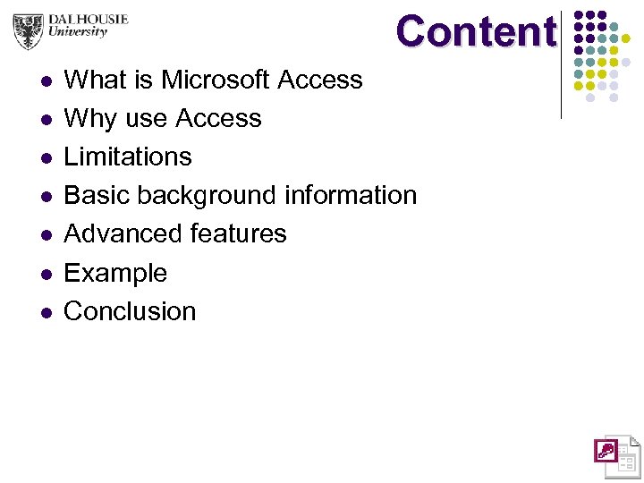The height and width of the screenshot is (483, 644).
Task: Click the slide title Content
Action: coord(475,32)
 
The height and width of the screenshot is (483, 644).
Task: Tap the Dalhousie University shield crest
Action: coord(29,30)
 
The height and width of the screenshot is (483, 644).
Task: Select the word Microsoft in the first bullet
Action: coord(215,80)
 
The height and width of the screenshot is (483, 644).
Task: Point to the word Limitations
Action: coord(128,157)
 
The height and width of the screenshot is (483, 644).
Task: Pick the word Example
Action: coord(115,274)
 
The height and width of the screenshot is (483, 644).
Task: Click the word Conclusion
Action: coord(130,311)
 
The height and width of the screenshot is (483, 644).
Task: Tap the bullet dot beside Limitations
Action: coord(46,158)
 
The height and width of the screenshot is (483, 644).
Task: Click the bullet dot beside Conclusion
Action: coord(46,312)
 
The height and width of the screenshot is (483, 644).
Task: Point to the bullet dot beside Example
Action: coord(46,274)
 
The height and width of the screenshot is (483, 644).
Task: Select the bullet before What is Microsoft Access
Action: coord(46,81)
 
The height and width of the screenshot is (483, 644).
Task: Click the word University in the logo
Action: coord(79,32)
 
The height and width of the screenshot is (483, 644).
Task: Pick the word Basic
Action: coord(97,196)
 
